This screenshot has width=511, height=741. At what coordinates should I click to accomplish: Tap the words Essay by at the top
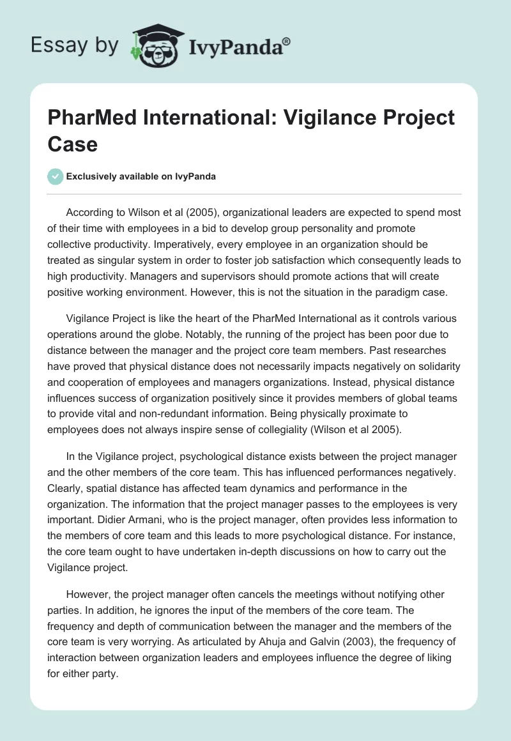click(x=75, y=45)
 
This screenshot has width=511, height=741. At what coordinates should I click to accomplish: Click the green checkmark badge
click(x=55, y=176)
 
